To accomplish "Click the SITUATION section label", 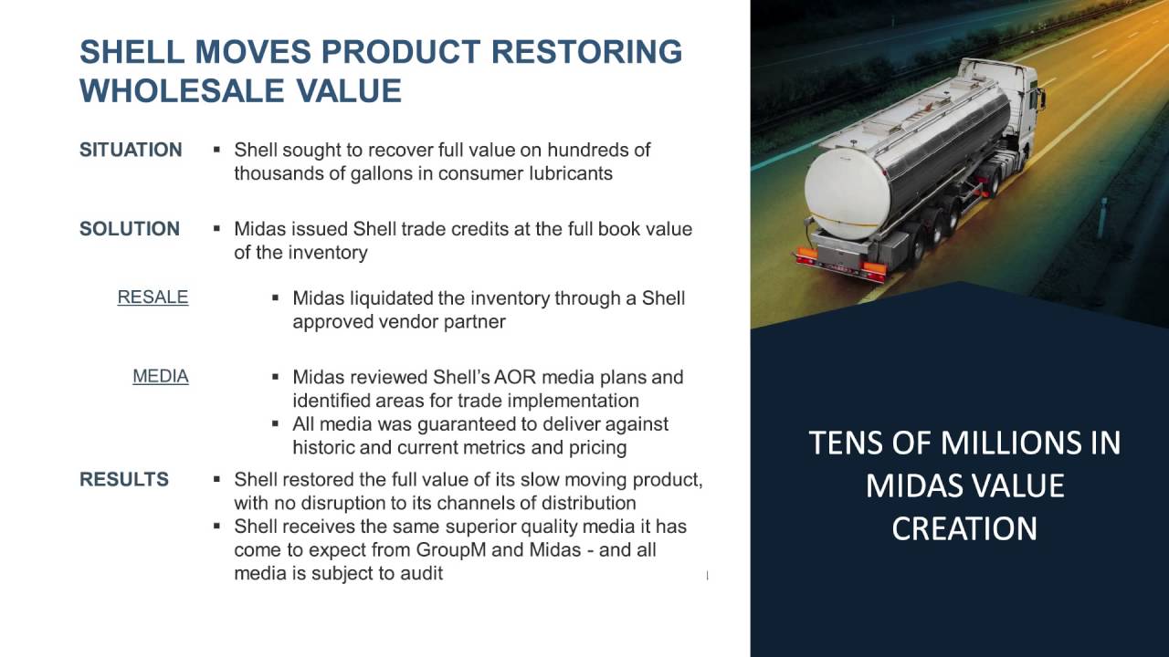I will click(131, 150).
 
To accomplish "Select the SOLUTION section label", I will click(130, 229).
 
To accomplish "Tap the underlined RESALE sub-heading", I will click(153, 297).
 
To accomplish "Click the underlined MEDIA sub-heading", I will click(161, 376).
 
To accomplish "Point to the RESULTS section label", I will click(124, 479).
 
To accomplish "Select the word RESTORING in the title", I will click(586, 52).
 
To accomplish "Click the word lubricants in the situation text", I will click(571, 173).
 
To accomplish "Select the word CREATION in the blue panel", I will click(964, 529).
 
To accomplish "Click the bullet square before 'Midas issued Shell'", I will click(217, 228).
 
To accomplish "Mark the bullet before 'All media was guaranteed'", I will click(276, 423).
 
